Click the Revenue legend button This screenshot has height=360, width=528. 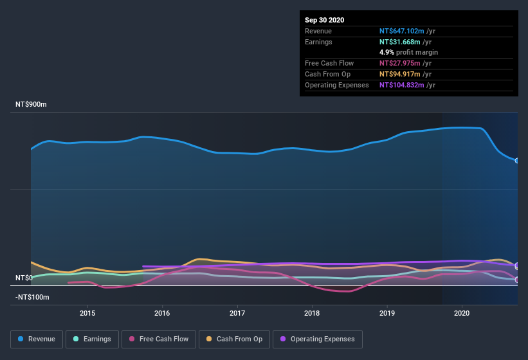click(37, 339)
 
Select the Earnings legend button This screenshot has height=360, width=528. click(92, 339)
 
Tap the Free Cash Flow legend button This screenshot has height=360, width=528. click(159, 339)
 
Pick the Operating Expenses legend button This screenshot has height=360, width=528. click(317, 339)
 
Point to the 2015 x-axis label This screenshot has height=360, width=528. click(87, 313)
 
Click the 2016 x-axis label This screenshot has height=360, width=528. click(162, 313)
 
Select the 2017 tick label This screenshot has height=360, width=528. click(237, 313)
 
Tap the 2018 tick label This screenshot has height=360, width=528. click(312, 313)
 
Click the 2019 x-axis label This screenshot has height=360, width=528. click(387, 313)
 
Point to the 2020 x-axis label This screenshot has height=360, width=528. click(462, 313)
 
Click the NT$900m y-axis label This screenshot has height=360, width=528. click(32, 104)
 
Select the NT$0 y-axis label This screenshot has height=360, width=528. click(24, 278)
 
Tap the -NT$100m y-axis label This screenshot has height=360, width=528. click(32, 297)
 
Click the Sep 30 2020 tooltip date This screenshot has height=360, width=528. click(325, 20)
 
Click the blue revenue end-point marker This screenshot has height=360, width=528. click(517, 161)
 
